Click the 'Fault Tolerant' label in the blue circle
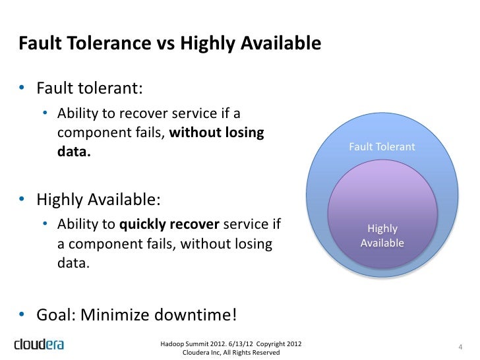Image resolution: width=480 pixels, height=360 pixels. [382, 147]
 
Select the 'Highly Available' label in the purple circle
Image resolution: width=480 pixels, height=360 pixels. [382, 236]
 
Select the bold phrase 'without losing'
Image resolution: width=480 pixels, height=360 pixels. [217, 133]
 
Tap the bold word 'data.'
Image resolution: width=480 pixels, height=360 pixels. [74, 152]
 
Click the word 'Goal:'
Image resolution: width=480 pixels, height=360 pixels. [56, 315]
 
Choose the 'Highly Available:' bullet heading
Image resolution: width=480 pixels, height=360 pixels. [98, 199]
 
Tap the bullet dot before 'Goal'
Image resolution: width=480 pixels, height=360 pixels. [22, 315]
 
